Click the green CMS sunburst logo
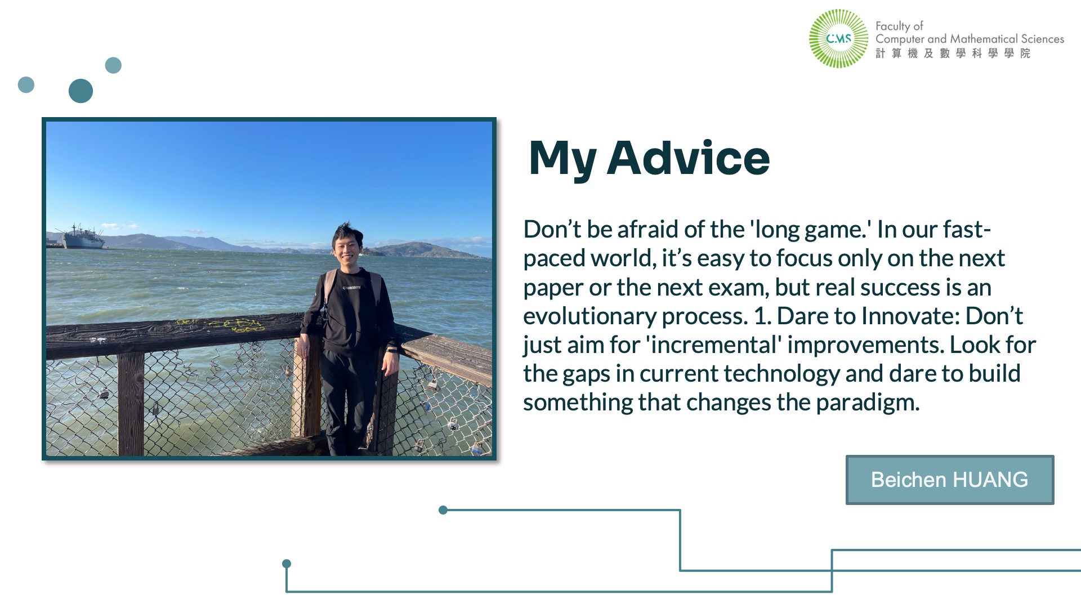(838, 38)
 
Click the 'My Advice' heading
(649, 159)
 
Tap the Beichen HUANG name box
(950, 480)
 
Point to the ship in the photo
(80, 236)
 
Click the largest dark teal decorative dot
(81, 91)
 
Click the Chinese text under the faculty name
(953, 53)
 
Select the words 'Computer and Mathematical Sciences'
(970, 39)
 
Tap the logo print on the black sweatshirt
(352, 288)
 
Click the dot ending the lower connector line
(287, 564)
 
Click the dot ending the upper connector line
(443, 510)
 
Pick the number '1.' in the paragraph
(762, 316)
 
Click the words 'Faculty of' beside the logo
(899, 26)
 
